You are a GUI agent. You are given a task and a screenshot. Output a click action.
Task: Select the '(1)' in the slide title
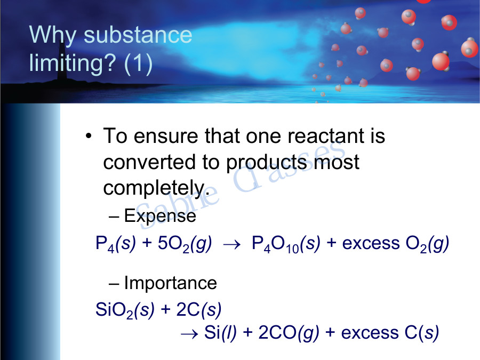[x=138, y=64]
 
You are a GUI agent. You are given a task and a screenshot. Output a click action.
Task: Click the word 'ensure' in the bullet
[x=165, y=136]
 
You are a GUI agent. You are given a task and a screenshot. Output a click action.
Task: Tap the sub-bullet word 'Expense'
[x=159, y=216]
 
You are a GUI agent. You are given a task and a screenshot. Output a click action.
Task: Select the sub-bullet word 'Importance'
[x=170, y=283]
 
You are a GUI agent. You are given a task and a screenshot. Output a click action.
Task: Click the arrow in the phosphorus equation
[x=232, y=244]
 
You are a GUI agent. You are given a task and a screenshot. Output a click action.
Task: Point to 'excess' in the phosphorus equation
[x=368, y=244]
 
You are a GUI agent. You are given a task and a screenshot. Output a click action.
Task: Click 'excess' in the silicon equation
[x=367, y=333]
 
